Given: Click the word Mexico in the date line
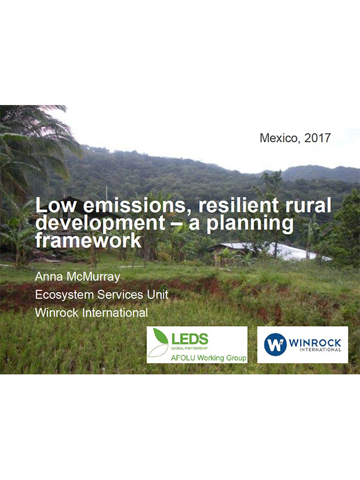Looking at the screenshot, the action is click(x=278, y=138).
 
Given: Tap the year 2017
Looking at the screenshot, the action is click(x=317, y=138).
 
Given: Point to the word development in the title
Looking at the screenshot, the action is click(x=100, y=224).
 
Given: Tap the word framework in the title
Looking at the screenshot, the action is click(x=88, y=241).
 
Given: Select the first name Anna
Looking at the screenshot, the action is click(x=49, y=277).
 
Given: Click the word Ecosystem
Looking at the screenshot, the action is click(x=64, y=295).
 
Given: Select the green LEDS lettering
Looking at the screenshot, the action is click(x=190, y=340).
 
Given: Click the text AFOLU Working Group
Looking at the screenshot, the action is click(x=208, y=358).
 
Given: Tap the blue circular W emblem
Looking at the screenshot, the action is click(x=275, y=344).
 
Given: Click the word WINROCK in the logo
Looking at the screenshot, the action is click(x=314, y=343).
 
